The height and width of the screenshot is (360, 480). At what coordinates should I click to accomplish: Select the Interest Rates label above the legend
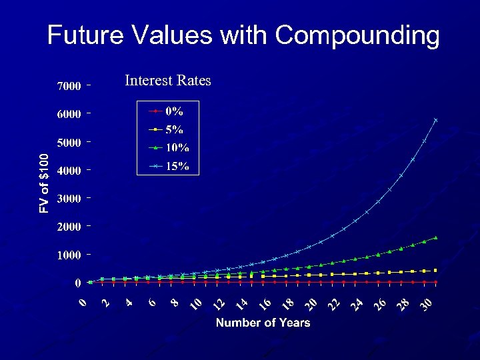[x=167, y=81]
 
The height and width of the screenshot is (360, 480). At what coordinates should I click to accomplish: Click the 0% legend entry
[x=174, y=111]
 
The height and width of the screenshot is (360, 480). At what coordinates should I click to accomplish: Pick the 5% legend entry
[x=174, y=130]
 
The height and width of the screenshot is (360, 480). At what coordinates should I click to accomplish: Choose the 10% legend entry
[x=177, y=148]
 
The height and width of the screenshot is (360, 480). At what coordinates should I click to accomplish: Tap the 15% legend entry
[x=177, y=166]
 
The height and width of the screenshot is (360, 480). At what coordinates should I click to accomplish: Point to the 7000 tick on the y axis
[x=69, y=86]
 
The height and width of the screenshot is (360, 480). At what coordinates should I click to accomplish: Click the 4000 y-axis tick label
[x=69, y=171]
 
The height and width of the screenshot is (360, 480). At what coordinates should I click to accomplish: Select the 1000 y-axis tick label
[x=69, y=255]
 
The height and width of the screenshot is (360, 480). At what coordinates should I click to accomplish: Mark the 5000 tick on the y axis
[x=69, y=143]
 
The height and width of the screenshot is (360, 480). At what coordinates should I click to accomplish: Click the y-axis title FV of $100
[x=44, y=183]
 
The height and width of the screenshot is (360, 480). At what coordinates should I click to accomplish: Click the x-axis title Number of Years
[x=263, y=323]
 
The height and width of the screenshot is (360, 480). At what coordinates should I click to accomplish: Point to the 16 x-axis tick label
[x=264, y=304]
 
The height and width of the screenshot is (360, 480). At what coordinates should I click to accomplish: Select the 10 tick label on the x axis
[x=195, y=304]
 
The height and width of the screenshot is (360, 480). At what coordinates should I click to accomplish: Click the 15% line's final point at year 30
[x=435, y=120]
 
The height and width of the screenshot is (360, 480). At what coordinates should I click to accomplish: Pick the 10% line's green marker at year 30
[x=435, y=237]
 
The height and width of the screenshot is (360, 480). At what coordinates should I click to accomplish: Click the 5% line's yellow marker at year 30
[x=435, y=270]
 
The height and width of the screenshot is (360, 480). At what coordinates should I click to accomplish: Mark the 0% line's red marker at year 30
[x=435, y=282]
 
